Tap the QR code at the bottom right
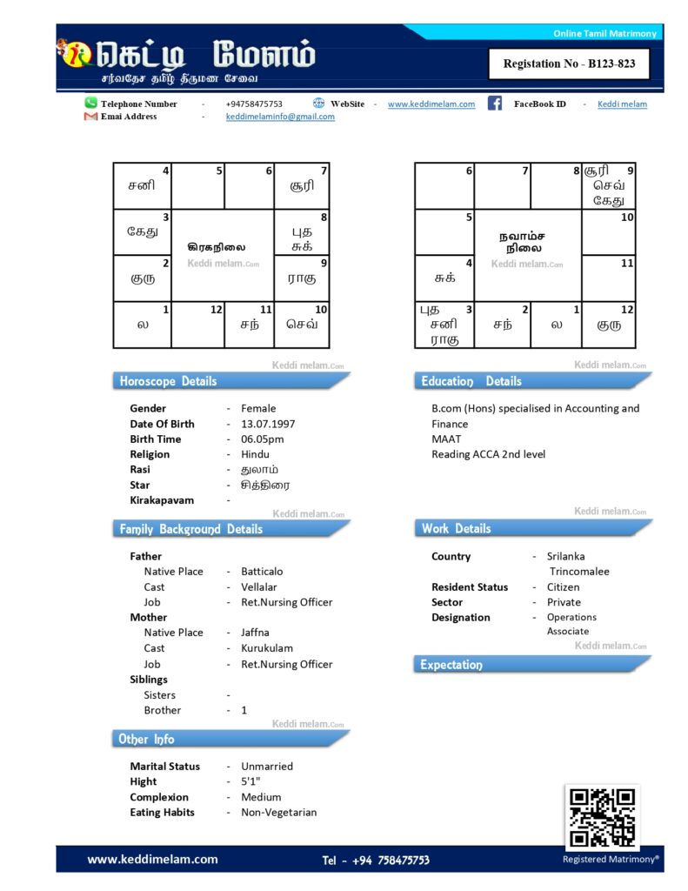coord(601,818)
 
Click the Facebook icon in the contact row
coord(494,104)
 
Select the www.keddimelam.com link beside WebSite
coord(431,104)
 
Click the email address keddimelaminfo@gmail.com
coord(280,117)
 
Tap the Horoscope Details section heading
coord(169,381)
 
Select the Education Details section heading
coord(471,381)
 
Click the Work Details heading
coord(457,528)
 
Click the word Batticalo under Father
coord(262,572)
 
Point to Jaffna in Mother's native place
coord(255,633)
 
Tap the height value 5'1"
coord(250,781)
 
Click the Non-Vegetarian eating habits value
coord(278,812)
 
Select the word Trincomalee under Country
coord(579,572)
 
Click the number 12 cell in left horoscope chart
coord(197,325)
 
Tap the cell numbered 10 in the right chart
coord(608,232)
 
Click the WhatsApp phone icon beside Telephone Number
coord(90,103)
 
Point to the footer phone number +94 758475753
coord(376,860)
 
